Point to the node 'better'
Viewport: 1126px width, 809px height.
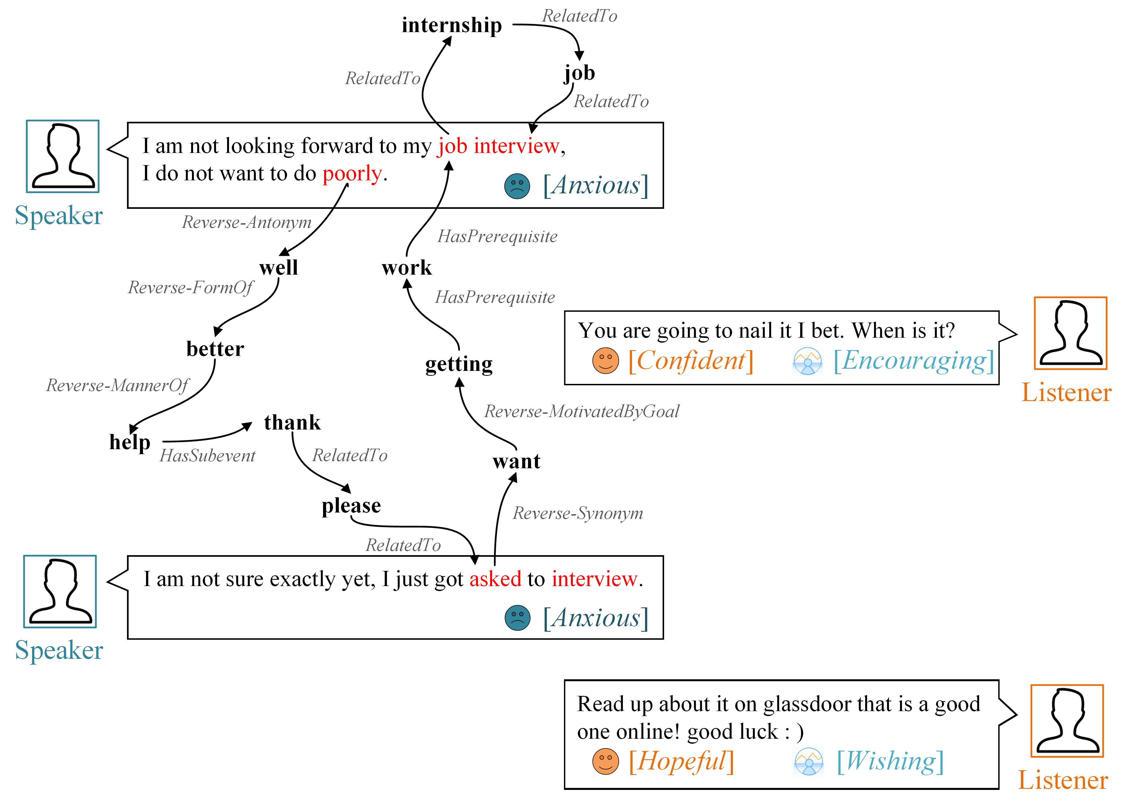coord(215,349)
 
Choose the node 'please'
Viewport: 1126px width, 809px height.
coord(351,506)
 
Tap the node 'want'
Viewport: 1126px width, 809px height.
coord(516,462)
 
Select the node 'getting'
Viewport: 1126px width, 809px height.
coord(459,364)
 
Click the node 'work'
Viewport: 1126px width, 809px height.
coord(407,268)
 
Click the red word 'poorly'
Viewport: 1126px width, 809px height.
coord(352,174)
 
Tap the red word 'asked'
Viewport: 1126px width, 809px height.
coord(495,579)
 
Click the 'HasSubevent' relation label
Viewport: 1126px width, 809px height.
coord(207,456)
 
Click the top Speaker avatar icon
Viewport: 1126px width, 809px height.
coord(63,156)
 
